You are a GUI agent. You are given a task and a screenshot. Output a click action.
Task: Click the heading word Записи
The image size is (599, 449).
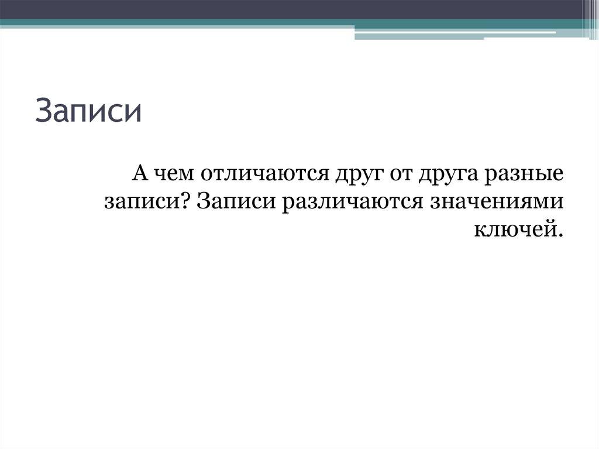(x=88, y=112)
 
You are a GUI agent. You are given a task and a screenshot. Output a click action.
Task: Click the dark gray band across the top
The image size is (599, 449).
(x=292, y=9)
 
